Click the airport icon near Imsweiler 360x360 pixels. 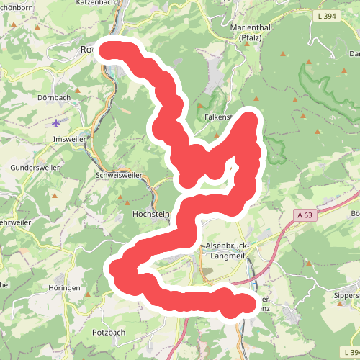[x=57, y=122]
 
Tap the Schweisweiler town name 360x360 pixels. [x=119, y=175]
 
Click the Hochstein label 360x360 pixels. [x=151, y=214]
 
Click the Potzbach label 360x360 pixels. [x=109, y=332]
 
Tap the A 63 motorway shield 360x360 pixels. [x=305, y=214]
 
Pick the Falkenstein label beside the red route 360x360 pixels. [x=219, y=117]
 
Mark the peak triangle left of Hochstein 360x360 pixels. [x=129, y=201]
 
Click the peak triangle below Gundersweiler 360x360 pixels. [x=55, y=195]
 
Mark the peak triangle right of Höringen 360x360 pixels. [x=88, y=294]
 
